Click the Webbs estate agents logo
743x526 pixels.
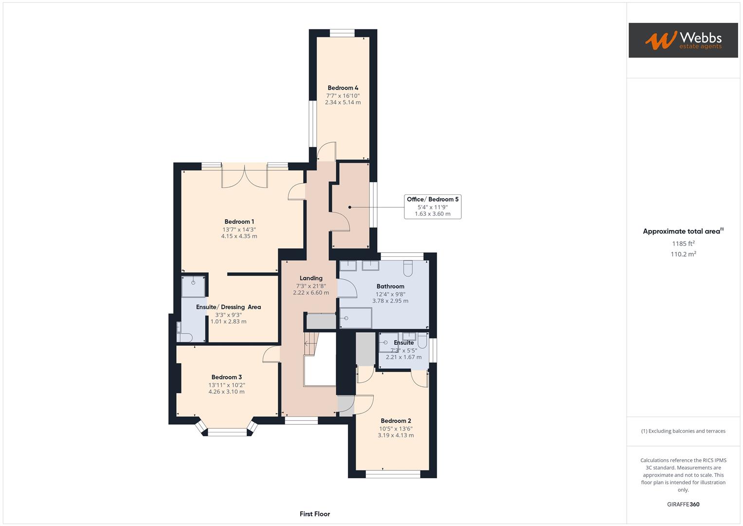point(683,40)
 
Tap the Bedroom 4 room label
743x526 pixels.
point(343,88)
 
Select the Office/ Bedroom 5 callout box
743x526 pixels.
point(433,207)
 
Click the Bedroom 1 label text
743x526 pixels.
point(239,222)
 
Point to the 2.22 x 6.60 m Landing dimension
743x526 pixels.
point(311,293)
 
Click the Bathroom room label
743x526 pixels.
point(390,286)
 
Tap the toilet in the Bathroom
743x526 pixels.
point(408,268)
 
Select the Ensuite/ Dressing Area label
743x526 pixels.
point(228,307)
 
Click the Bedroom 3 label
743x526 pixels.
point(226,377)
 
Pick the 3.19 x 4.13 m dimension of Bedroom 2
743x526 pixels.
point(396,435)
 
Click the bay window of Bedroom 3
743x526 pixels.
point(227,431)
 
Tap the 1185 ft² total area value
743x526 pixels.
point(683,244)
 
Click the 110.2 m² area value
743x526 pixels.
point(683,254)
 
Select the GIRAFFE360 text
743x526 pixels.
point(683,505)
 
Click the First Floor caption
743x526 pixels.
point(315,514)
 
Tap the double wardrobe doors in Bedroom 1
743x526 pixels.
point(245,176)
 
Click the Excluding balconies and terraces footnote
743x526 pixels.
point(683,431)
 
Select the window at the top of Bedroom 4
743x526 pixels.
point(342,34)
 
